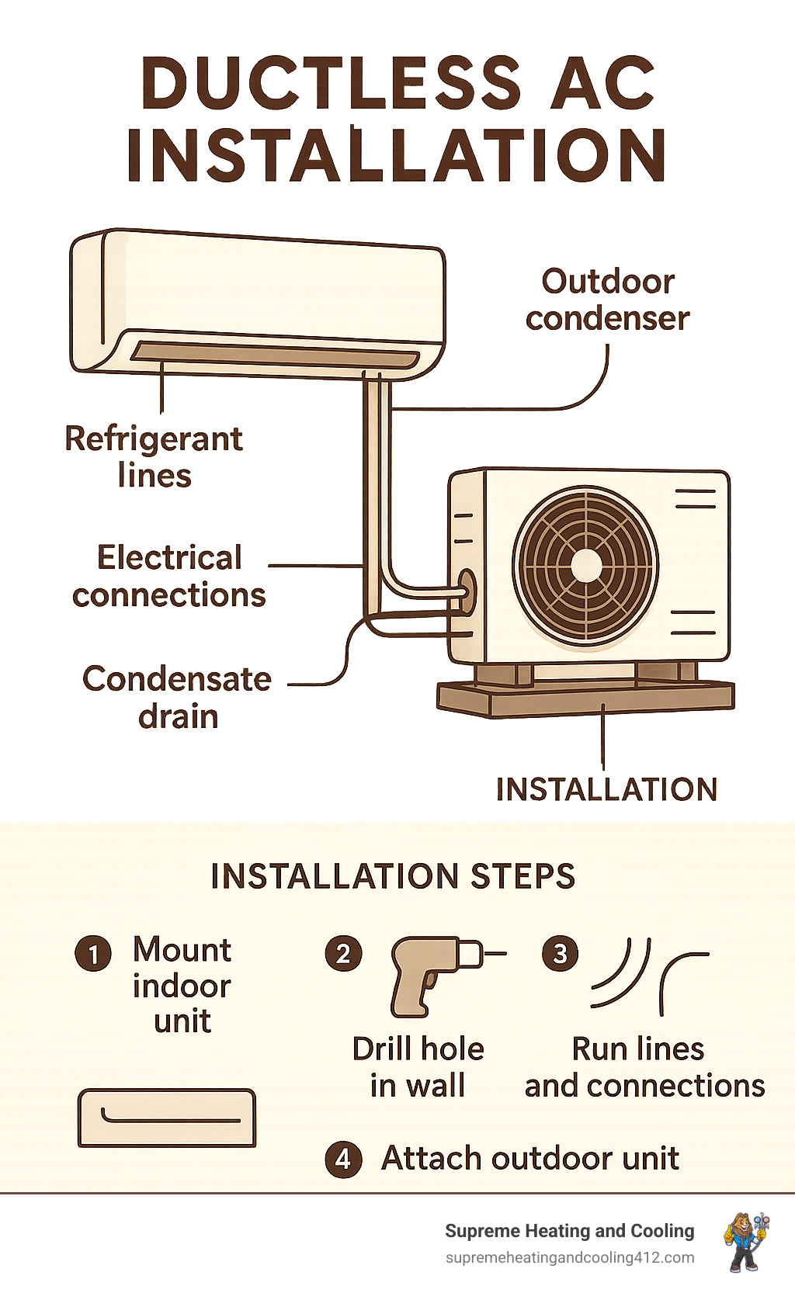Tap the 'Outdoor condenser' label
pos(607,300)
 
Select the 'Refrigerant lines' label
pos(154,457)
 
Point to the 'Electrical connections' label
pos(169,577)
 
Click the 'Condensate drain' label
pos(177,697)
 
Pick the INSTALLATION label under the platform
pos(606,789)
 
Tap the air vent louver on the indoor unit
pos(276,356)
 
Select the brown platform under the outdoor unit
pos(586,698)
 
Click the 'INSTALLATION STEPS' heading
pos(393,875)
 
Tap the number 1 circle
pos(94,953)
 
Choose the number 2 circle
pos(343,953)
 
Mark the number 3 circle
pos(560,953)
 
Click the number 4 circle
pos(343,1160)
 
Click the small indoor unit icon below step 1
pos(167,1118)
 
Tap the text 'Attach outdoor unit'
pos(530,1159)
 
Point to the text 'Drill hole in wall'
pos(418,1067)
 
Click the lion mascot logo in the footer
pos(745,1241)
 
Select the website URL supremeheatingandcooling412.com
pos(570,1257)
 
